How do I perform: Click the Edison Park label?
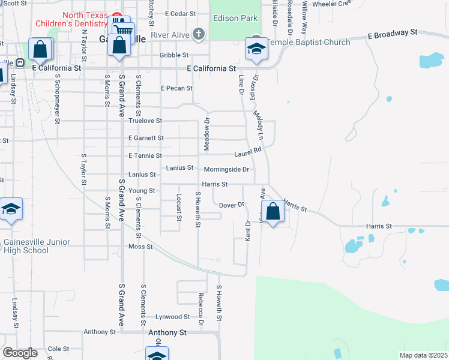(x=235, y=19)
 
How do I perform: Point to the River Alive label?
(x=170, y=35)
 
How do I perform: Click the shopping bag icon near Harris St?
(x=273, y=212)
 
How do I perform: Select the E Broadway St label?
(x=393, y=34)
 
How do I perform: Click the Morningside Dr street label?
(x=226, y=170)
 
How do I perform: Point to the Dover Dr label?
(x=232, y=205)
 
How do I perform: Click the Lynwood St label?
(x=172, y=317)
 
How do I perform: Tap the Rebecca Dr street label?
(x=200, y=309)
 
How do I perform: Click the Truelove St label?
(x=145, y=121)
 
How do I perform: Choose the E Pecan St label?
(x=176, y=88)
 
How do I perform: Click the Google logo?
(x=20, y=353)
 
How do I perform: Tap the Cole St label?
(x=58, y=349)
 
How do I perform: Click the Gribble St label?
(x=174, y=55)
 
